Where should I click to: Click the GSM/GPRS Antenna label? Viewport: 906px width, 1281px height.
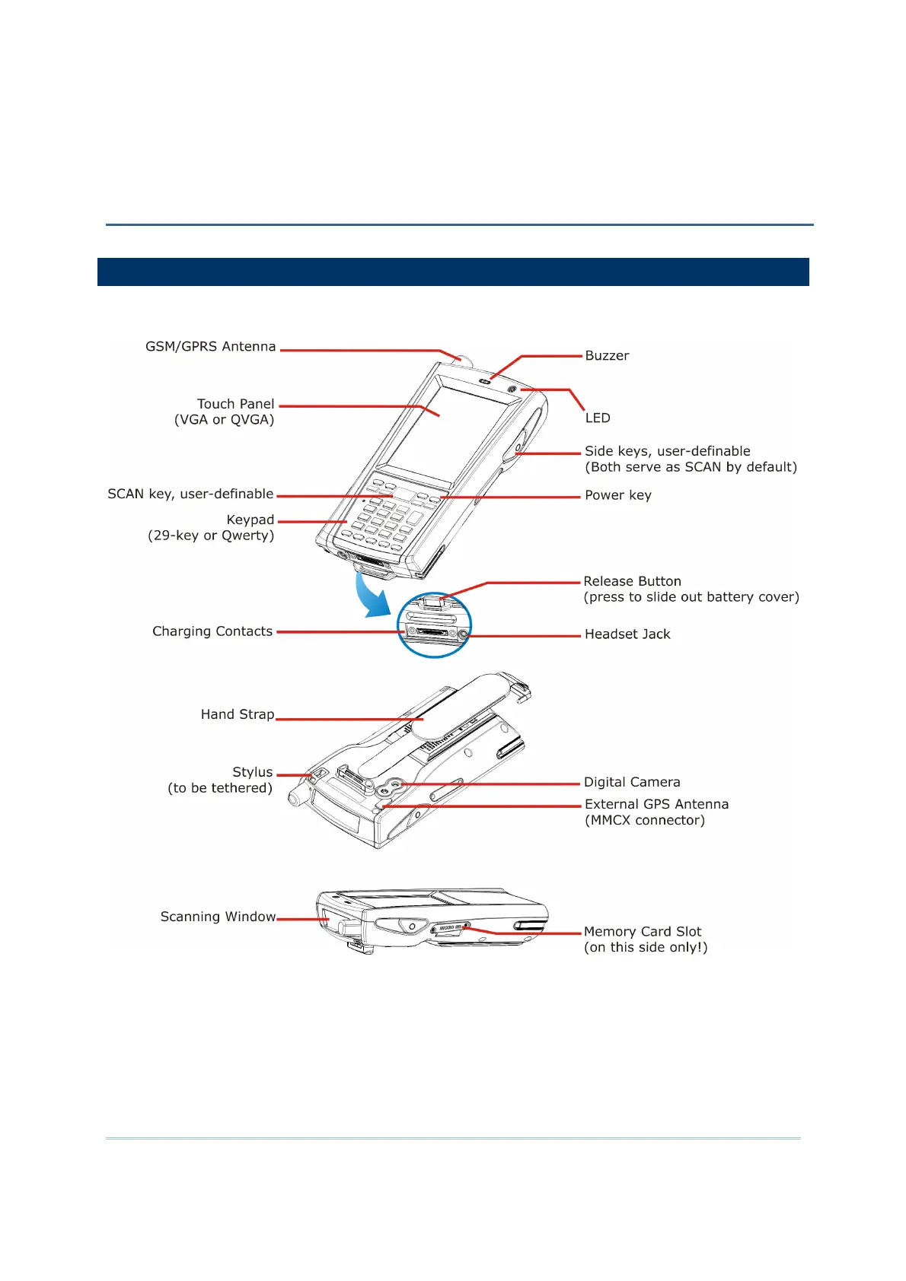[x=210, y=347]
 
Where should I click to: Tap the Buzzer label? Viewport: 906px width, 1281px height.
[x=607, y=356]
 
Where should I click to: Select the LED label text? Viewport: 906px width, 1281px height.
[x=598, y=418]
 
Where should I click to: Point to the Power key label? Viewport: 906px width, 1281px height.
[x=617, y=496]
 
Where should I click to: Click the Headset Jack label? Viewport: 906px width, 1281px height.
[x=627, y=634]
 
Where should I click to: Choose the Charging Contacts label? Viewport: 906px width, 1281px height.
[x=212, y=631]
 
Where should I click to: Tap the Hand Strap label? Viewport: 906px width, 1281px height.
[x=237, y=714]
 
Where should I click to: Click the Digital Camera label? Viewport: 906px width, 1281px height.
[x=632, y=783]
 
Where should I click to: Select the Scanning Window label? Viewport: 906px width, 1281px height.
[x=218, y=917]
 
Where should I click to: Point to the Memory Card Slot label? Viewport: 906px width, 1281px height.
[x=643, y=932]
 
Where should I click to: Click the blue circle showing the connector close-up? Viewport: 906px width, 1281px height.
[x=435, y=625]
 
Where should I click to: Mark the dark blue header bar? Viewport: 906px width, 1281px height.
[x=453, y=272]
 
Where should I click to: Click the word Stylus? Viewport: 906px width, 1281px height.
[x=252, y=772]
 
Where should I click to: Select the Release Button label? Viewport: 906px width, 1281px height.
[x=632, y=582]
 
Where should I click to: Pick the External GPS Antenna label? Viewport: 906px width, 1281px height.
[x=656, y=805]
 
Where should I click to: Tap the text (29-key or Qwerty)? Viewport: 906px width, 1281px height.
[x=211, y=536]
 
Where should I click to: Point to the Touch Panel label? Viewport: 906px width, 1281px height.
[x=235, y=405]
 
